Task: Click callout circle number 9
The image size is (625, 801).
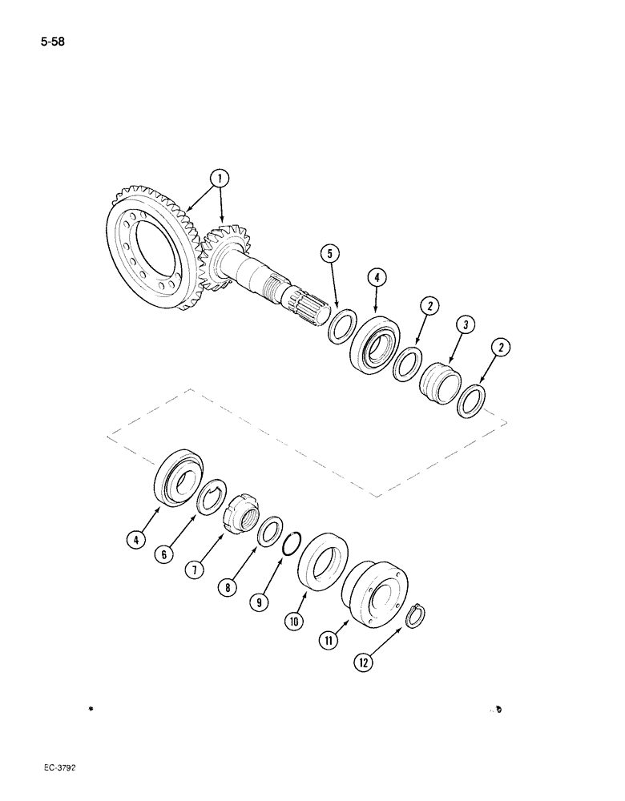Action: click(x=259, y=602)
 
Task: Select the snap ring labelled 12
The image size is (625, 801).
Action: click(x=417, y=618)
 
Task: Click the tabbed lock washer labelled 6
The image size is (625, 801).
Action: click(x=212, y=503)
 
